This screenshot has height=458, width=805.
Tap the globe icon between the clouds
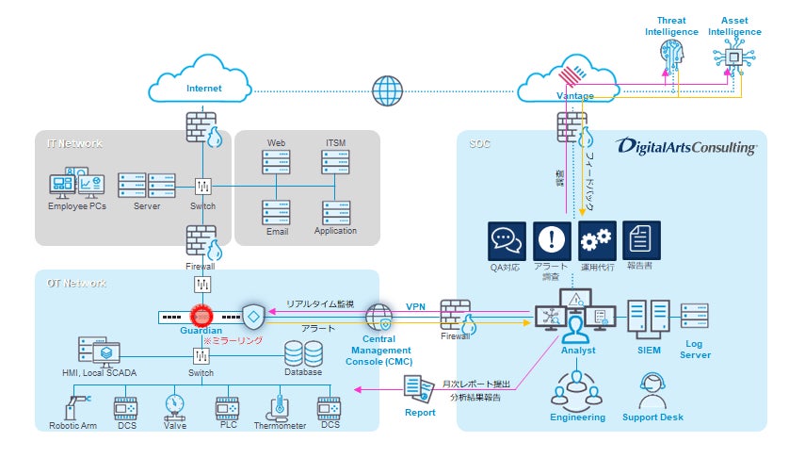pos(386,90)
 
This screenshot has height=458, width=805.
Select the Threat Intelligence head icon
pos(671,57)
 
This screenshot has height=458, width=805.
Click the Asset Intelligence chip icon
pos(740,57)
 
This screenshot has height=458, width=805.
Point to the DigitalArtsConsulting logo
pos(686,147)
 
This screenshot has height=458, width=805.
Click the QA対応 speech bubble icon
pos(507,241)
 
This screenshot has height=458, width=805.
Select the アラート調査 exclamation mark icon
pos(552,241)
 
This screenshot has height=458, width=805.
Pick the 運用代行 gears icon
pos(597,241)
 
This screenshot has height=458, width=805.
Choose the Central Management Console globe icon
pos(378,316)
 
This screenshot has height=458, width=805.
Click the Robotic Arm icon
pos(72,406)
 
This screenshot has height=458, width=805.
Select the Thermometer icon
pos(279,406)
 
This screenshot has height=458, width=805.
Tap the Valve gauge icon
pos(174,405)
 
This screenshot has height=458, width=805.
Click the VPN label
pos(415,306)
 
